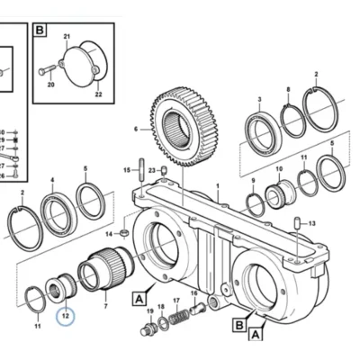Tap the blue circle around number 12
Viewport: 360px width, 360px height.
66,315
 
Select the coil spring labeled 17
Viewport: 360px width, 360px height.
179,317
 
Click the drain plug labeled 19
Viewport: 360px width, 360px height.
148,328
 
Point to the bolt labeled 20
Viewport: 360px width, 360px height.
48,69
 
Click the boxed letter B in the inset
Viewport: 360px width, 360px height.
40,31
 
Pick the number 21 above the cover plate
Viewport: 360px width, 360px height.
67,37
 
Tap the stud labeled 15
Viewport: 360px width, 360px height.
141,169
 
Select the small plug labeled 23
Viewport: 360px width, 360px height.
164,170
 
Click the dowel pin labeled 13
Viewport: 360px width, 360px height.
298,223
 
